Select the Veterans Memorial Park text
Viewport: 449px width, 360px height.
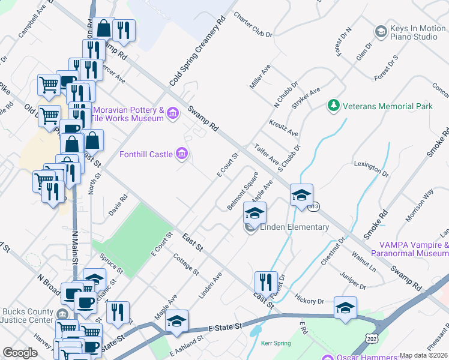pos(387,106)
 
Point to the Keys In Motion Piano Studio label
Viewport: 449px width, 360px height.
pos(414,32)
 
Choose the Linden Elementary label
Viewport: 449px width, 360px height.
pos(294,227)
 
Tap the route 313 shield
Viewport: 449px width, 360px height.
pos(313,206)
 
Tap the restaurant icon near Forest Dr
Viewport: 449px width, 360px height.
pos(265,282)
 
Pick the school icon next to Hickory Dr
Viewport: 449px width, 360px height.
pos(345,307)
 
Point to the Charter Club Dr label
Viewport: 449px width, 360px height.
pos(253,25)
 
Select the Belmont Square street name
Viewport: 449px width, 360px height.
pos(243,191)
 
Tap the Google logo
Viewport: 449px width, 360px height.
pos(20,353)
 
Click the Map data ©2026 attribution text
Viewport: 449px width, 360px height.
pos(424,355)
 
